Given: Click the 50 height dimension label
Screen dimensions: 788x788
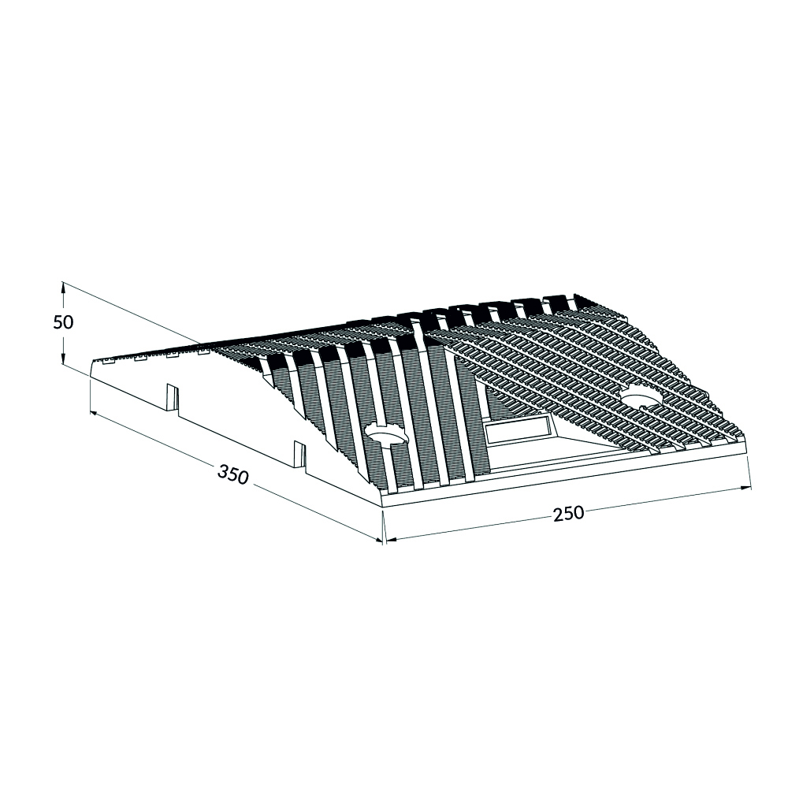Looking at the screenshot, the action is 63,322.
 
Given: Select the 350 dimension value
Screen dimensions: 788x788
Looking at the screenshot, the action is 232,474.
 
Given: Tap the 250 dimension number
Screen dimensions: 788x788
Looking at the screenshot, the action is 568,514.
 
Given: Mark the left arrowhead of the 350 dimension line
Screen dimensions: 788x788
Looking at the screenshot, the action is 94,413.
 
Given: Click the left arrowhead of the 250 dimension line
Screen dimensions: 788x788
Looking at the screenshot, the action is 391,541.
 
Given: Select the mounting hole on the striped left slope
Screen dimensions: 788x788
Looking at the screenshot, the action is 385,431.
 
